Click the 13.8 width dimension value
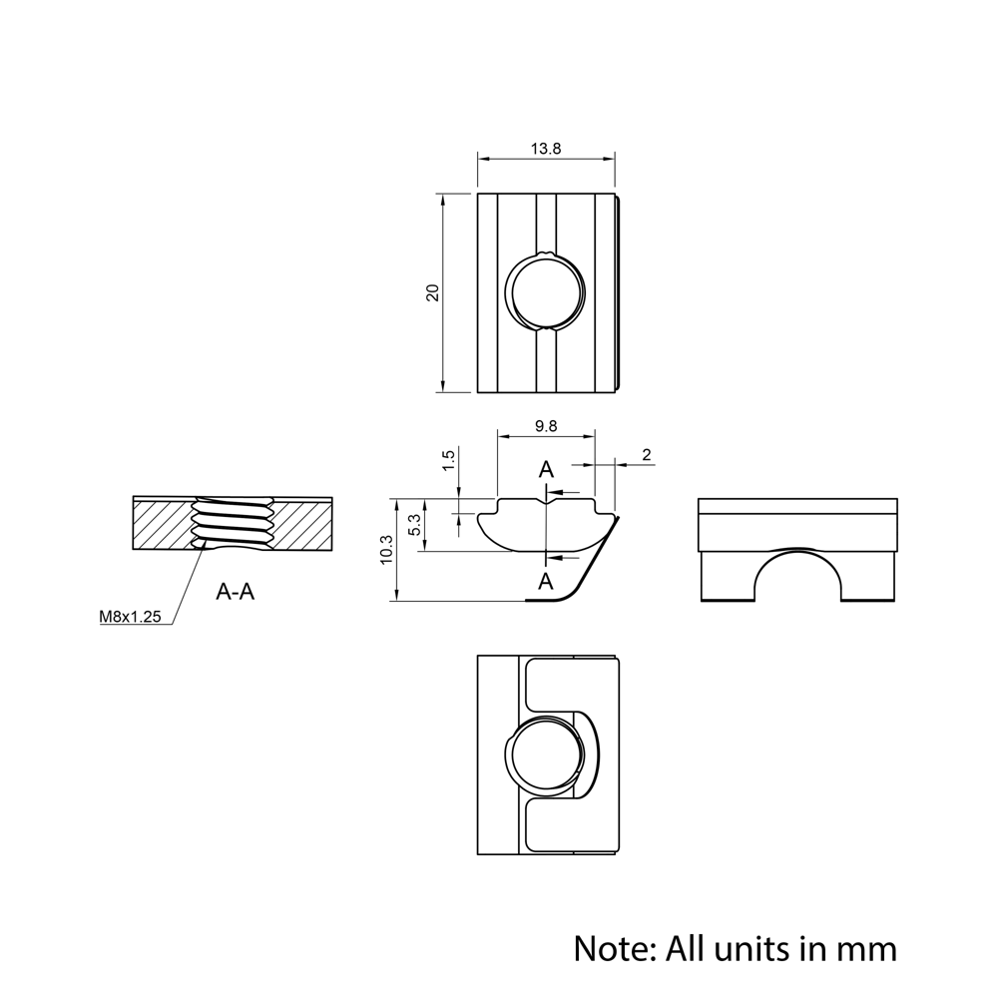pos(546,148)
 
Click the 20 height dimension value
pos(432,292)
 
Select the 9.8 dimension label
pos(546,426)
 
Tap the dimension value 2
pos(646,455)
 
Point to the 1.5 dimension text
pos(448,460)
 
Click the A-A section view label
pos(236,592)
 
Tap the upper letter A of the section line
pos(545,470)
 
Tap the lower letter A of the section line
pos(545,580)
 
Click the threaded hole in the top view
pos(546,291)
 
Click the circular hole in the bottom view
pos(546,755)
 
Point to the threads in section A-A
pos(232,523)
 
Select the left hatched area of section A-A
pos(161,525)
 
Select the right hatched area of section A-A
pos(302,525)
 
